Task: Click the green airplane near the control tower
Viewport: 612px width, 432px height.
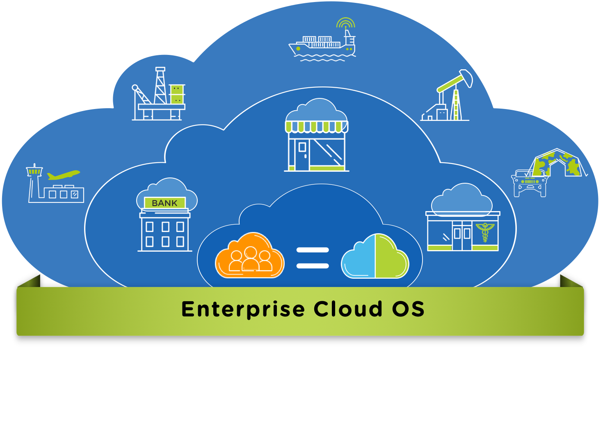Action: [x=64, y=175]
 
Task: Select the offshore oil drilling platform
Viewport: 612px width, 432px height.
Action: [x=158, y=94]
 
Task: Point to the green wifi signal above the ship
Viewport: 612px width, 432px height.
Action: [x=346, y=23]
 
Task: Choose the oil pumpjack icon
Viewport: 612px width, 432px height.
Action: [x=447, y=95]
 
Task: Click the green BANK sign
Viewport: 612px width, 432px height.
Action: [x=165, y=203]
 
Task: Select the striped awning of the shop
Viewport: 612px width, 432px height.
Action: [x=317, y=127]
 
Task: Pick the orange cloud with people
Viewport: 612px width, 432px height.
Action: [x=250, y=255]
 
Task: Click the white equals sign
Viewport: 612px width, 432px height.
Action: [x=313, y=258]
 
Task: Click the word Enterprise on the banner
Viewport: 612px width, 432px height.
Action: [x=243, y=309]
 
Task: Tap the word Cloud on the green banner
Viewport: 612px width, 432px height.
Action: [x=347, y=309]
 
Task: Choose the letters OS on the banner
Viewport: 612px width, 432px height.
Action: [x=408, y=309]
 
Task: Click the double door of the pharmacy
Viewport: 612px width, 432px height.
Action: [x=462, y=236]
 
